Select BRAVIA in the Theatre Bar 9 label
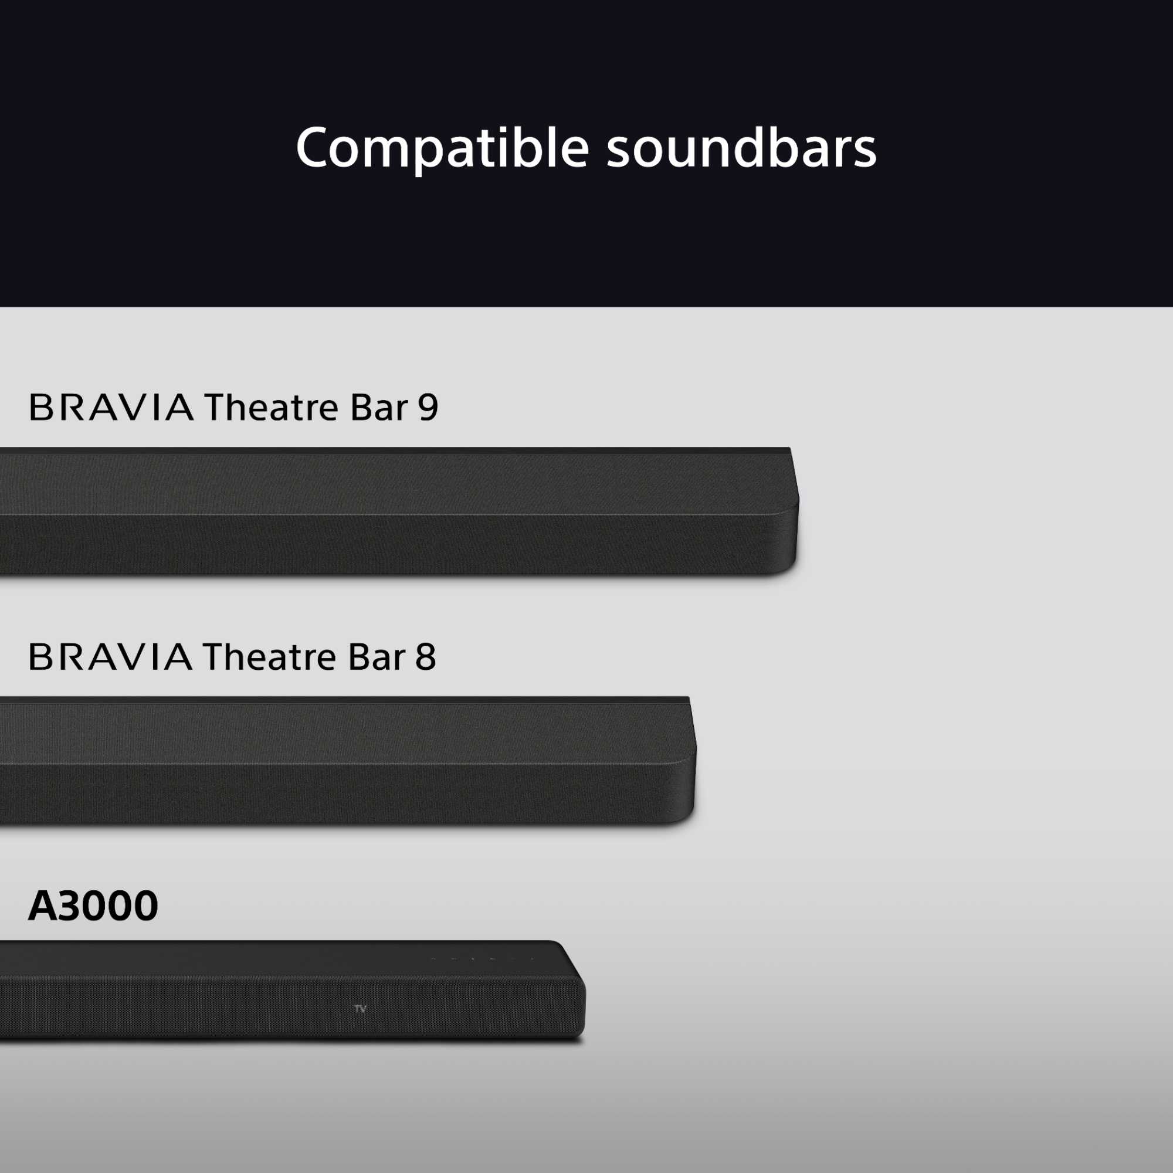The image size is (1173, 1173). pyautogui.click(x=111, y=408)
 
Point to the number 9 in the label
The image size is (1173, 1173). pyautogui.click(x=428, y=408)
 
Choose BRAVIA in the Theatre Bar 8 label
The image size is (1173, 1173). pyautogui.click(x=110, y=657)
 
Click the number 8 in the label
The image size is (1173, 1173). pyautogui.click(x=426, y=657)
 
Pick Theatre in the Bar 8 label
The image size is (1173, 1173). pyautogui.click(x=270, y=657)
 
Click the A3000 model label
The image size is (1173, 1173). pyautogui.click(x=93, y=906)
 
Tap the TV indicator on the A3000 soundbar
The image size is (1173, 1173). pyautogui.click(x=360, y=1008)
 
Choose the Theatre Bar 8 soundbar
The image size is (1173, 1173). pyautogui.click(x=346, y=762)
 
